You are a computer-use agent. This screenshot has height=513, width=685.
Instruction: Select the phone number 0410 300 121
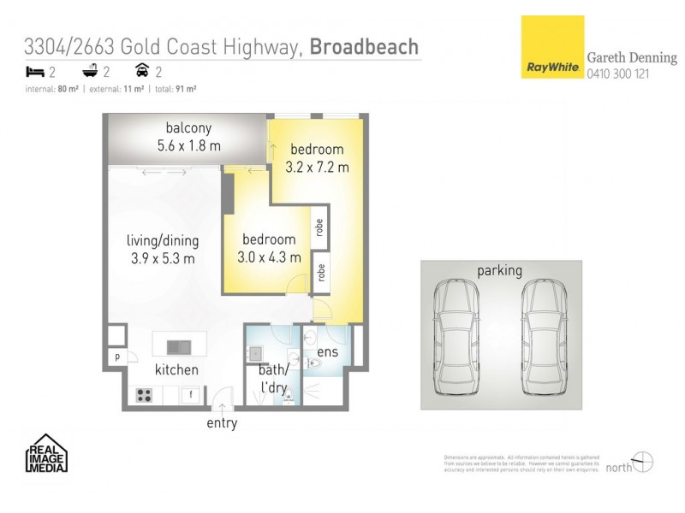coord(617,74)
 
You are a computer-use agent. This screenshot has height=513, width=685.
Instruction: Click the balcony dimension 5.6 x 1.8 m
coord(188,146)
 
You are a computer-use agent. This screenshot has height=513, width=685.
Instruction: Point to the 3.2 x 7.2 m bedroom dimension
coord(317,168)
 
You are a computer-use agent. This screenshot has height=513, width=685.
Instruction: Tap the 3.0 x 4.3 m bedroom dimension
coord(269,256)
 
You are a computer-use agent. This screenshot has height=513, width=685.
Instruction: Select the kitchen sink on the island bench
coord(179,346)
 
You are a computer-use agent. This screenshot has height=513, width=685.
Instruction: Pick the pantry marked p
coord(116,357)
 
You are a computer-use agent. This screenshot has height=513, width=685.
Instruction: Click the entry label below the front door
coord(222,423)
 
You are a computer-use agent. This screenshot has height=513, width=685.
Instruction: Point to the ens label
coord(327,351)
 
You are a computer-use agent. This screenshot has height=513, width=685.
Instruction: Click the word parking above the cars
coord(499,271)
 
